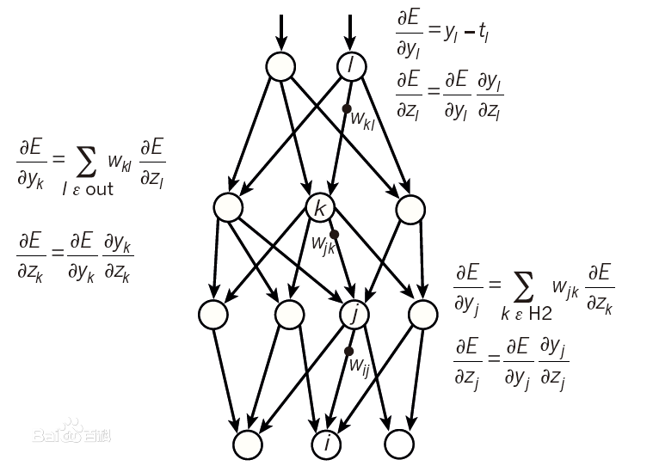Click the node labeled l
[351, 65]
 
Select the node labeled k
[320, 207]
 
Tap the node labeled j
[354, 315]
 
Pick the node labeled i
[326, 444]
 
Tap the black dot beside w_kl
[346, 108]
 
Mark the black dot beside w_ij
[348, 351]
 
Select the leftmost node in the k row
[228, 207]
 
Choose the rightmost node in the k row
[410, 207]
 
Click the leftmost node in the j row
[213, 315]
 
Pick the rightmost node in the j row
[423, 315]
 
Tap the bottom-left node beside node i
[249, 444]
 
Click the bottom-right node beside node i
[398, 444]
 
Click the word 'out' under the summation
[99, 189]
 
